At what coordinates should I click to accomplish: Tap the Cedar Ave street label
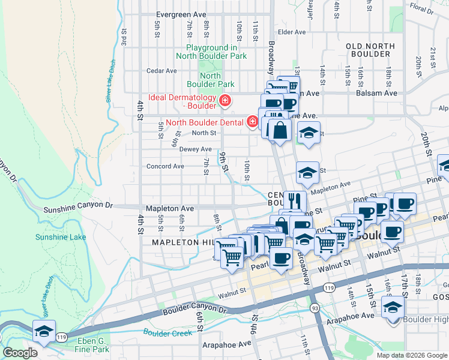pyautogui.click(x=161, y=71)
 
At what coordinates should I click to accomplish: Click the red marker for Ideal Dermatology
pyautogui.click(x=225, y=101)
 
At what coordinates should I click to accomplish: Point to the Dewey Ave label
pyautogui.click(x=195, y=149)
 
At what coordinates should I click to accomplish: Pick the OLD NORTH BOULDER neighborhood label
pyautogui.click(x=371, y=50)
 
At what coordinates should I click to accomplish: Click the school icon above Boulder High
pyautogui.click(x=393, y=307)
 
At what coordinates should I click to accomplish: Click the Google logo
pyautogui.click(x=20, y=353)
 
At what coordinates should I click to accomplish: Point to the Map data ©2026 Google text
pyautogui.click(x=411, y=355)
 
